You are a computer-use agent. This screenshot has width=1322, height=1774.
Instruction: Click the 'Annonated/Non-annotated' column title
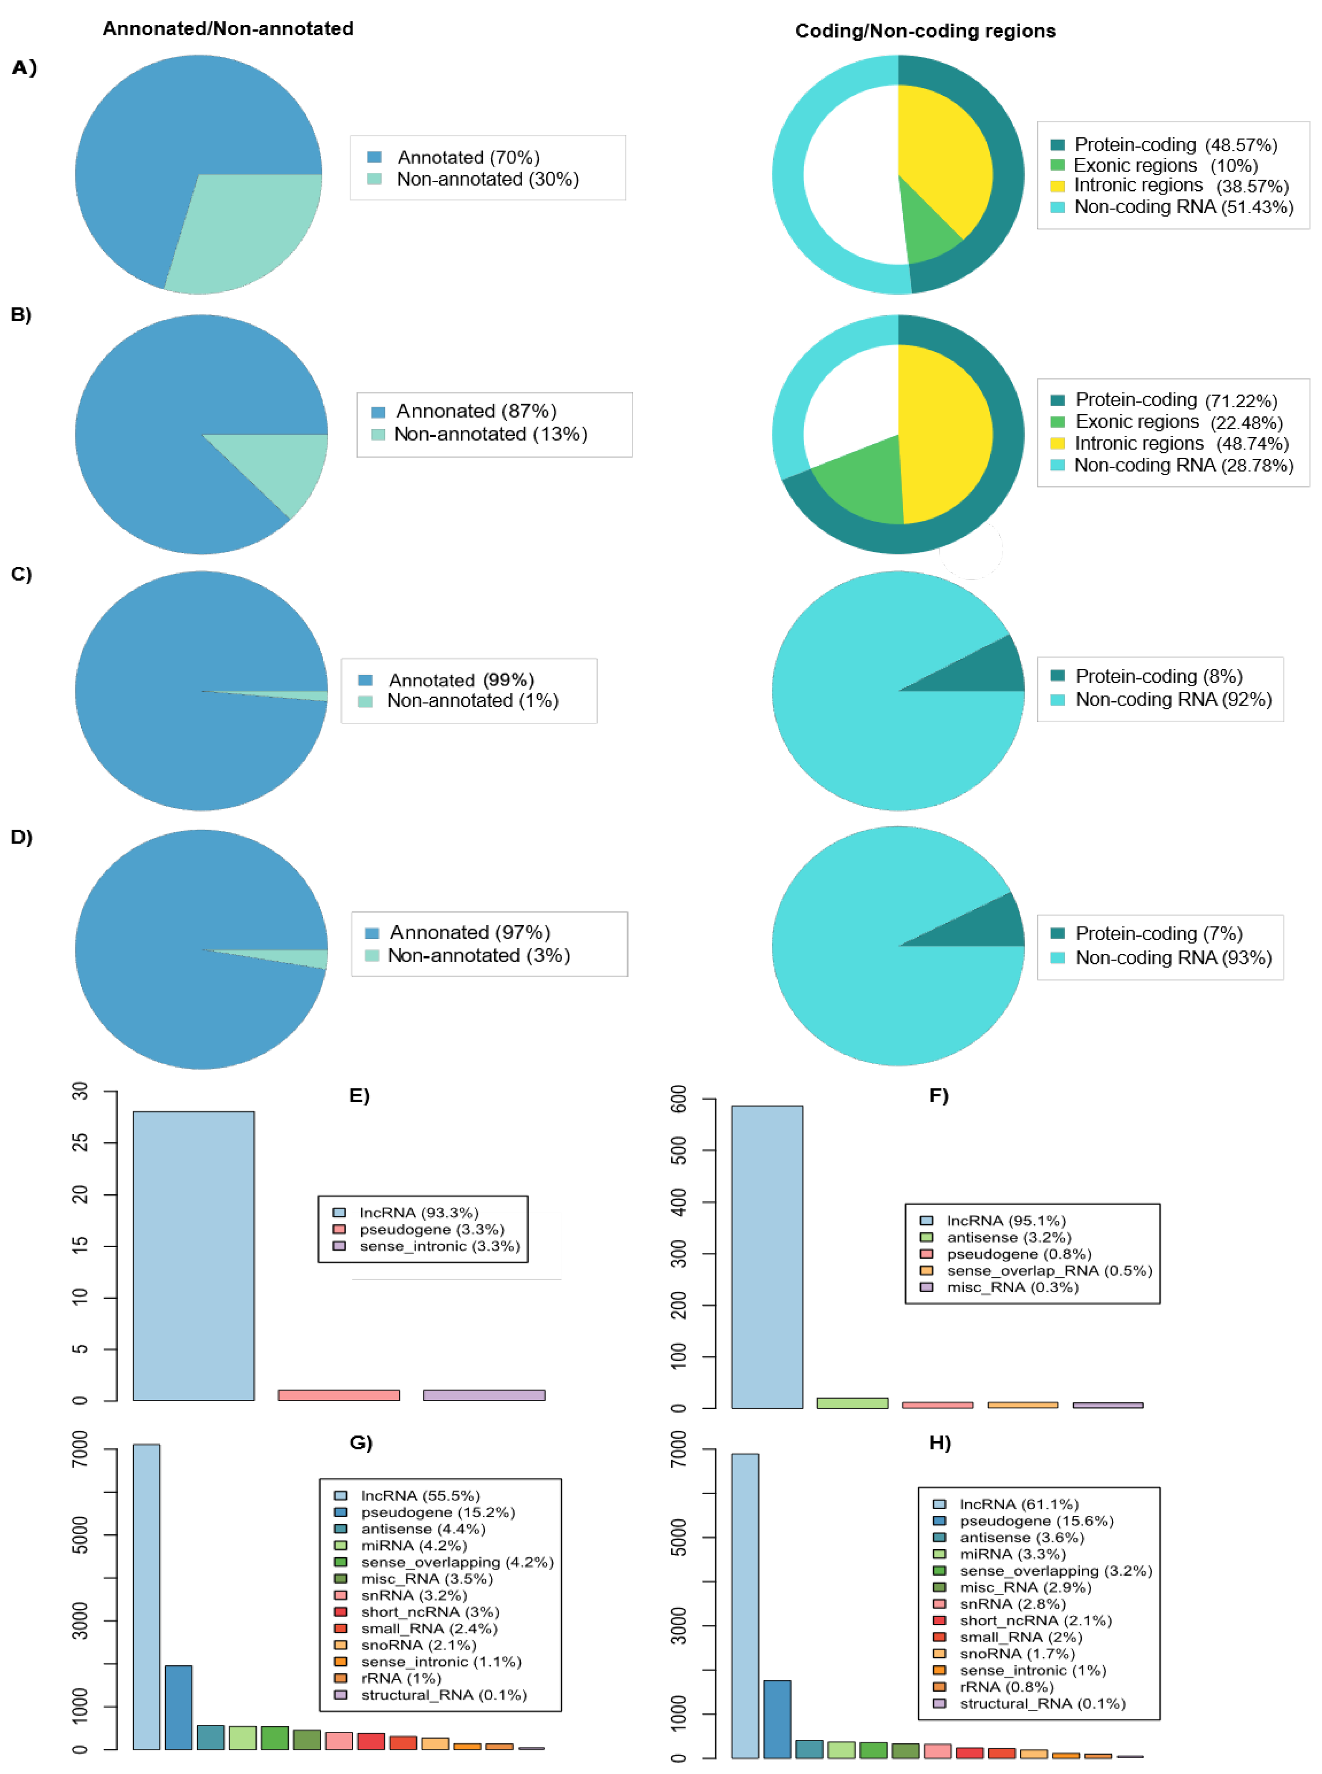click(x=228, y=29)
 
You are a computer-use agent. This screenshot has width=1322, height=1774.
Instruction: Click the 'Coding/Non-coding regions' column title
click(x=925, y=31)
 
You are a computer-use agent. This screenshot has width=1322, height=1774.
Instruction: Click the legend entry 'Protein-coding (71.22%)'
click(x=1175, y=400)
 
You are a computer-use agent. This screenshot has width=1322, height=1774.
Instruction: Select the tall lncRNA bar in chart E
click(x=194, y=1256)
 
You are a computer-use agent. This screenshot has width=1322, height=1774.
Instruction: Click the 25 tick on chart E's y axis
click(x=80, y=1143)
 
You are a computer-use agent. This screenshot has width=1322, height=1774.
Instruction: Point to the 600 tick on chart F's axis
click(x=678, y=1100)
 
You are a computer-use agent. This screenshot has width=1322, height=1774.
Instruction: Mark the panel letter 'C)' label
click(x=22, y=575)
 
